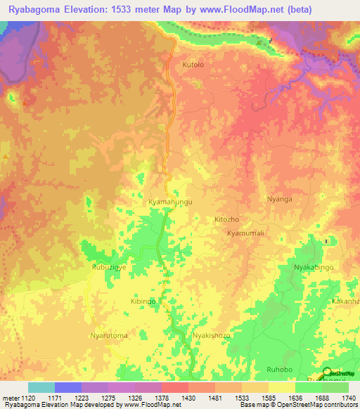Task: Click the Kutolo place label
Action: [193, 65]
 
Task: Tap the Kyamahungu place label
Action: [170, 202]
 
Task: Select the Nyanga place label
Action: [279, 199]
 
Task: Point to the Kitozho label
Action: [226, 219]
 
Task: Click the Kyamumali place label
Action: [240, 233]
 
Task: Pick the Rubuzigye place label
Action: [108, 268]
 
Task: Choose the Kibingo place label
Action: [143, 301]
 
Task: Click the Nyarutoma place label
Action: [109, 336]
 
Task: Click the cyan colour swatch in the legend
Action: [41, 387]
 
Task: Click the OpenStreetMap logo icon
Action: [327, 373]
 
